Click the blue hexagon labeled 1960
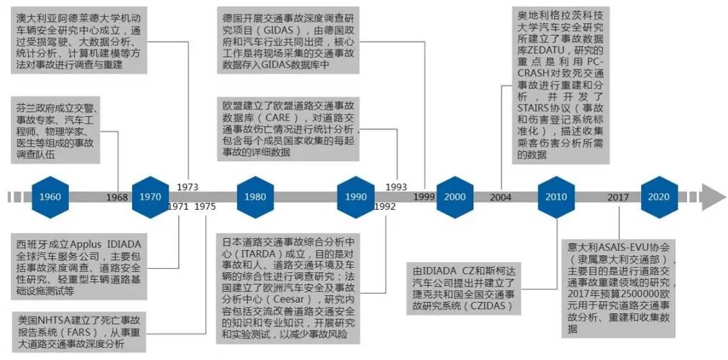coord(50,197)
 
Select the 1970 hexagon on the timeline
coord(150,197)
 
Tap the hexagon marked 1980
coord(255,197)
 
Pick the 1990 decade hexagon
coord(355,197)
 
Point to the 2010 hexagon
coord(556,197)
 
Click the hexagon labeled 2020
coord(659,197)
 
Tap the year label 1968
coord(117,197)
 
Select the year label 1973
coord(187,186)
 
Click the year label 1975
coord(205,207)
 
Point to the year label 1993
coord(396,186)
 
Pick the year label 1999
coord(423,197)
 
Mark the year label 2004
coord(501,197)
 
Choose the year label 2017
coord(618,197)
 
